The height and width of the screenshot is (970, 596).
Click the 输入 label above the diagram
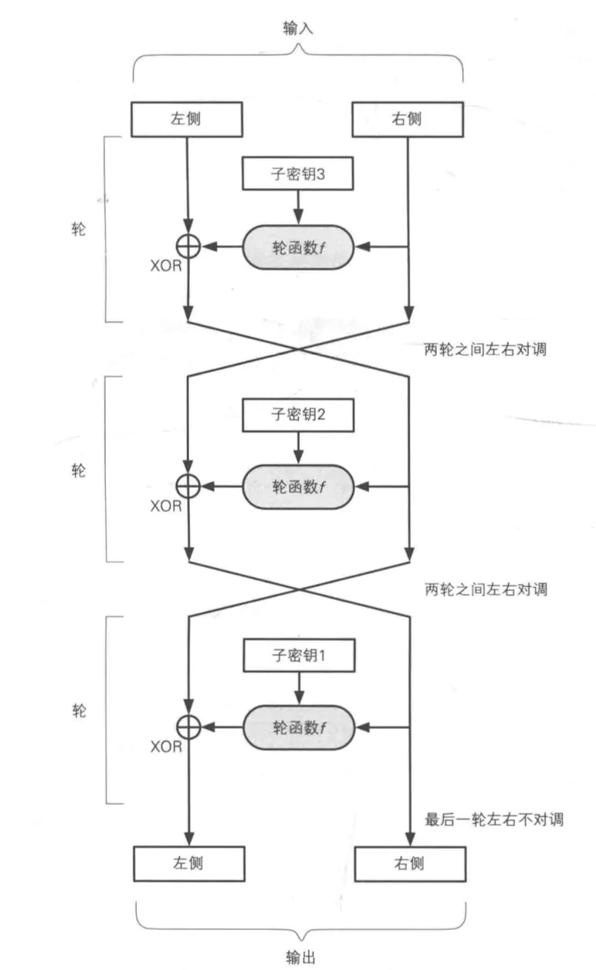click(298, 28)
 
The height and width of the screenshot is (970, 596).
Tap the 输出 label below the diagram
click(300, 957)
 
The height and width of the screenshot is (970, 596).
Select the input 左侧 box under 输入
click(187, 120)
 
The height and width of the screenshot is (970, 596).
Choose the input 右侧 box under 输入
click(408, 120)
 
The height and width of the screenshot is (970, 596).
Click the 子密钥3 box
click(298, 174)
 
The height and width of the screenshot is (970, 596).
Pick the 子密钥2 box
click(298, 415)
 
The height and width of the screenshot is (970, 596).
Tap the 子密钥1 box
click(299, 655)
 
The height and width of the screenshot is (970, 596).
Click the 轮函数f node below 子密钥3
click(298, 247)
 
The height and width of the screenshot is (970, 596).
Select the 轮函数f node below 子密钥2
click(298, 487)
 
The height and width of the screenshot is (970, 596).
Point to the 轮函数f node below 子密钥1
click(299, 727)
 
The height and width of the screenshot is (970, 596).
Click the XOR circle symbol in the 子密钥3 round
click(188, 247)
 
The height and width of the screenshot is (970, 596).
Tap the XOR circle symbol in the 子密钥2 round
click(188, 487)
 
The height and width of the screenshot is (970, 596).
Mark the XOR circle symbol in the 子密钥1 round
click(188, 727)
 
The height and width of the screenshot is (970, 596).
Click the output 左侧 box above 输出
click(189, 864)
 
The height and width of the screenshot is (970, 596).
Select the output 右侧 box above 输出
click(410, 864)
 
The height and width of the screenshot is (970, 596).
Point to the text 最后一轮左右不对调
click(494, 819)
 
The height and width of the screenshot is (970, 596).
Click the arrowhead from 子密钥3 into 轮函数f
click(298, 215)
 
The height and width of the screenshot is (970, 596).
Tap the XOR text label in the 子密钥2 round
click(166, 506)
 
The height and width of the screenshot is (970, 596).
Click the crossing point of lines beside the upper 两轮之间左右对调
click(298, 349)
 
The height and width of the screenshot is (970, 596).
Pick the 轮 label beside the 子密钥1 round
click(79, 711)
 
